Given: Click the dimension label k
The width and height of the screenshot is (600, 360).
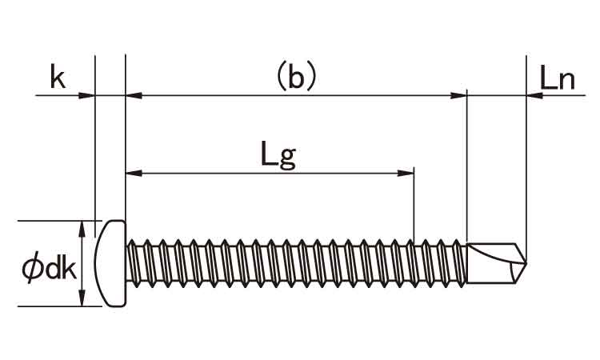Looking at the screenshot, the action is click(58, 77).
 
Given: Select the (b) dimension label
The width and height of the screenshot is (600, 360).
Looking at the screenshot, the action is click(296, 77).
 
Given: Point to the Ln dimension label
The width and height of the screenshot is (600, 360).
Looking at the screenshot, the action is click(557, 78).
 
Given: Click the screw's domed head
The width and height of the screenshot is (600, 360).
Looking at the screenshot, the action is click(110, 263).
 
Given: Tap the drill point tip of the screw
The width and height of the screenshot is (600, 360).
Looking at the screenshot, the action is click(526, 263).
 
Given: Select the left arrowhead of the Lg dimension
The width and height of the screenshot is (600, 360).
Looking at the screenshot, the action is click(134, 174).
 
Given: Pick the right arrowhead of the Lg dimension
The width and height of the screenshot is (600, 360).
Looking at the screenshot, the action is click(406, 174).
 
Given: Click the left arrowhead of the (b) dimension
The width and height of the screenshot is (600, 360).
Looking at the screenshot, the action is click(134, 95).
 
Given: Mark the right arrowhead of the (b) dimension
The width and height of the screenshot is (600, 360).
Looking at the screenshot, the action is click(458, 95).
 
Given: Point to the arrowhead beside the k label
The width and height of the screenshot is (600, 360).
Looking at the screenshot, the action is click(86, 95).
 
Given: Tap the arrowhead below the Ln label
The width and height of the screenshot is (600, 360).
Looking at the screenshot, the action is click(535, 95).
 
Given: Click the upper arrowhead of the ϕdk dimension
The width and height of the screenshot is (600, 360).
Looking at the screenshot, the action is click(82, 229).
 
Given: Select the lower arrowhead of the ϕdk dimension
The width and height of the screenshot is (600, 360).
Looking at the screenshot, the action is click(82, 298).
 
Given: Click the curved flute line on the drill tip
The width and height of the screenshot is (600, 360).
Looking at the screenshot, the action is click(493, 256).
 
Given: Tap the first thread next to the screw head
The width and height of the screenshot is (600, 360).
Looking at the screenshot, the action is click(132, 263).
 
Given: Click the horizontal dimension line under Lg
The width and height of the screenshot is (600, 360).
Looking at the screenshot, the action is click(270, 174).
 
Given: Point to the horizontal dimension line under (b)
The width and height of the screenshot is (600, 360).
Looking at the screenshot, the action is click(296, 95).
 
